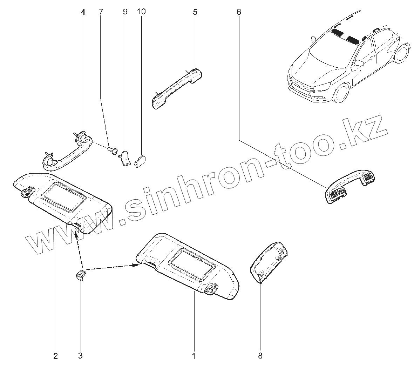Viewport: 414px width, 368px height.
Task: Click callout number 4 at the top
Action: pyautogui.click(x=83, y=12)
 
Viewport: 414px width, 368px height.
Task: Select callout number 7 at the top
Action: pyautogui.click(x=101, y=12)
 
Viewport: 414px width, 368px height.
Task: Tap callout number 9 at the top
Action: pyautogui.click(x=125, y=12)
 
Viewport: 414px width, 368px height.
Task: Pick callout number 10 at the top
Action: pyautogui.click(x=141, y=12)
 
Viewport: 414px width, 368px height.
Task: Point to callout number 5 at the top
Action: pyautogui.click(x=195, y=13)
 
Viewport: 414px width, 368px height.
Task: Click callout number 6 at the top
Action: pyautogui.click(x=239, y=12)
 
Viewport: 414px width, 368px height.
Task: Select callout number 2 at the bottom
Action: pyautogui.click(x=55, y=356)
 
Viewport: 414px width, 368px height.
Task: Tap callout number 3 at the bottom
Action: pyautogui.click(x=80, y=356)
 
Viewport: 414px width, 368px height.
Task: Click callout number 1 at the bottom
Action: pyautogui.click(x=193, y=356)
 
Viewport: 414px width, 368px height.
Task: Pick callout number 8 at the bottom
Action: pyautogui.click(x=260, y=356)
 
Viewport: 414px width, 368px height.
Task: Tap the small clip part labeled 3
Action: pyautogui.click(x=80, y=276)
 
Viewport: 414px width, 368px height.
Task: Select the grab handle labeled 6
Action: pyautogui.click(x=349, y=185)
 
